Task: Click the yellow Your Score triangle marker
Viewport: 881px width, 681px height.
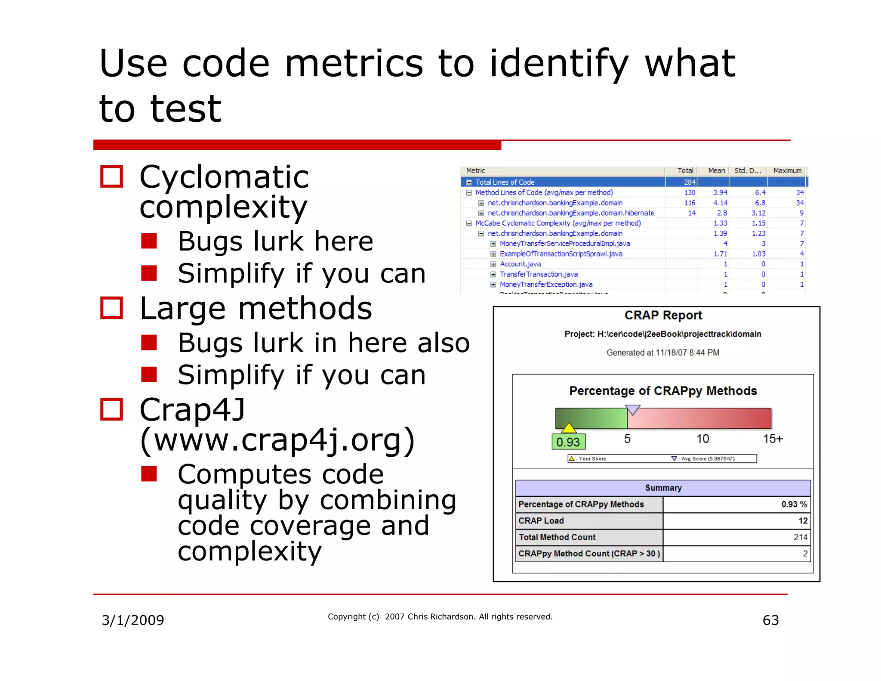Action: click(x=569, y=428)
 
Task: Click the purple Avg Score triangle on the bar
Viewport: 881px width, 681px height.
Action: click(x=632, y=409)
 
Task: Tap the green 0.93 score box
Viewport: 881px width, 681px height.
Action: click(x=568, y=442)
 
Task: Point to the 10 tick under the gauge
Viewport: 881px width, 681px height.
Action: click(x=702, y=439)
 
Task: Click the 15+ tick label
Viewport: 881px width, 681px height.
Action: click(x=773, y=439)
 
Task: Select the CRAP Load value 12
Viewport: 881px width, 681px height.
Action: click(x=803, y=521)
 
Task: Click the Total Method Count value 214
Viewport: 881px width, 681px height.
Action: click(x=800, y=537)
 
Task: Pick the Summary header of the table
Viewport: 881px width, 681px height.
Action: click(x=663, y=488)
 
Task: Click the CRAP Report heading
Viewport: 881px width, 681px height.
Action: click(x=663, y=316)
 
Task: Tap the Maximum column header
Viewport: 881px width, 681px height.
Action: click(x=787, y=171)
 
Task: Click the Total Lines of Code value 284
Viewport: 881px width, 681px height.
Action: click(x=689, y=182)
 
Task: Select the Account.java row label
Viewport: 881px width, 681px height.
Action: click(x=520, y=264)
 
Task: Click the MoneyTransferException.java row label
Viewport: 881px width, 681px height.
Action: click(x=546, y=285)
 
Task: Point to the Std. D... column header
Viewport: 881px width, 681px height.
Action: click(x=747, y=171)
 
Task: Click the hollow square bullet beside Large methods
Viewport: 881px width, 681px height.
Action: click(x=111, y=308)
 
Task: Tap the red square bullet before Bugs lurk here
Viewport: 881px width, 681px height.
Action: click(x=149, y=241)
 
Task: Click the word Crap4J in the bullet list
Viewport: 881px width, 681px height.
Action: click(x=192, y=410)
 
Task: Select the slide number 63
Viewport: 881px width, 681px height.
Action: click(x=770, y=620)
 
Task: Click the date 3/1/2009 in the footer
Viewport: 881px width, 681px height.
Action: click(x=132, y=620)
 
